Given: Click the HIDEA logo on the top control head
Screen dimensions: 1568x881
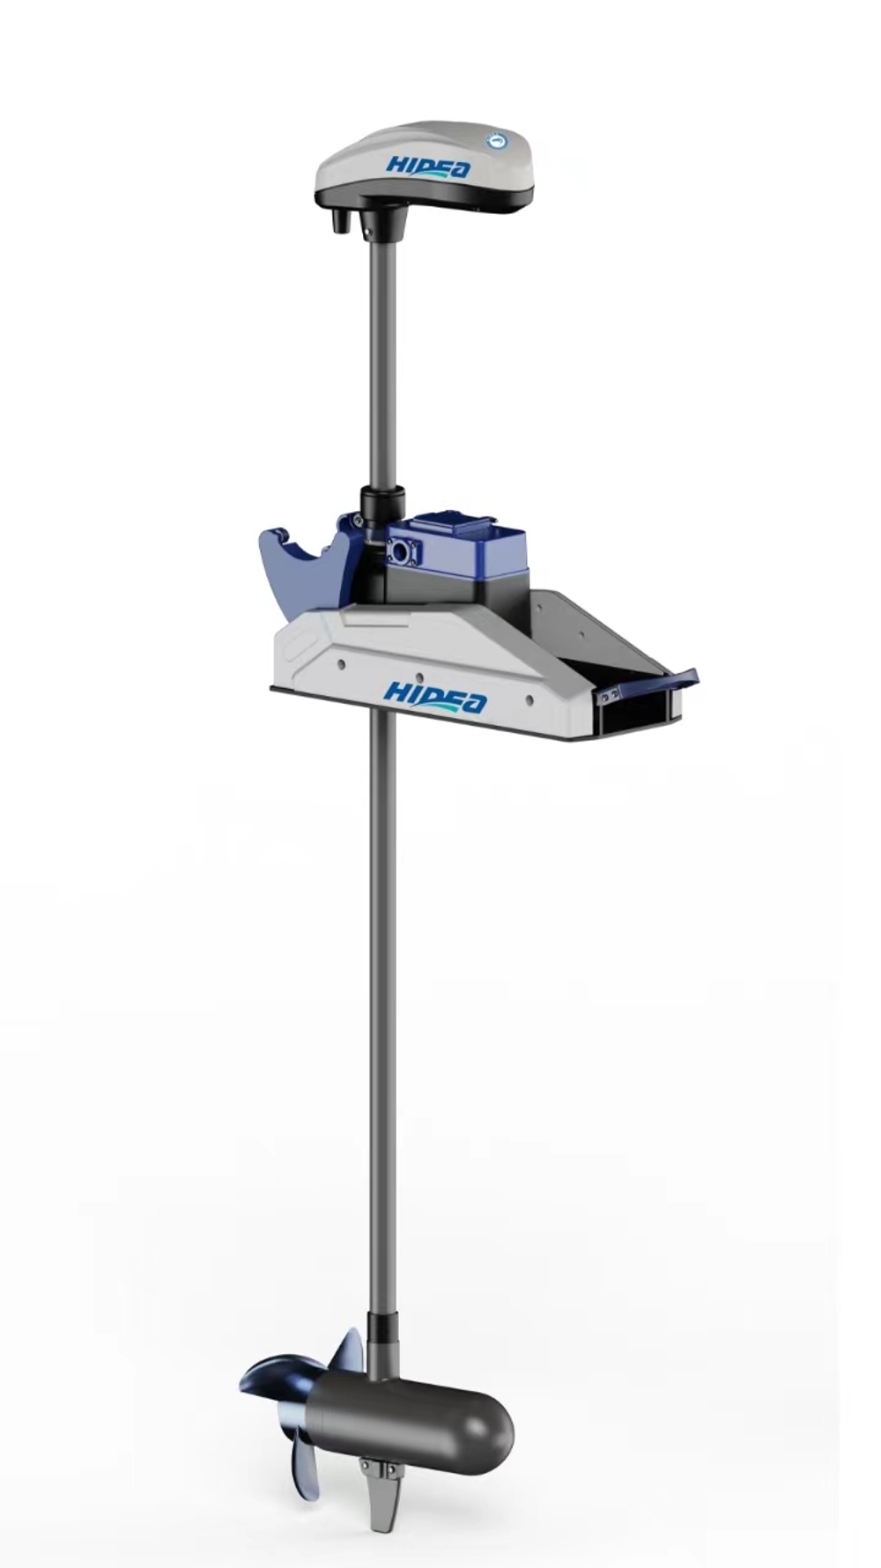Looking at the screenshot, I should tap(428, 167).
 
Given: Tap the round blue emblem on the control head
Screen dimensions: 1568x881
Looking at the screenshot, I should tap(498, 140).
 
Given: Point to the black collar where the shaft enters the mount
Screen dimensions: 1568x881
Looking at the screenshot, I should tap(381, 507).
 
